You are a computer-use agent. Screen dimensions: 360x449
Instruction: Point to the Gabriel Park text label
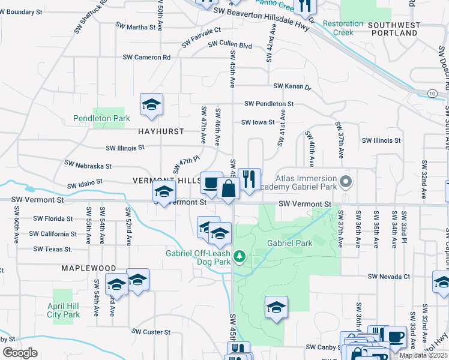290,244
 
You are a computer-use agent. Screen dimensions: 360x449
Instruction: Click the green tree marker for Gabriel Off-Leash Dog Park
240,257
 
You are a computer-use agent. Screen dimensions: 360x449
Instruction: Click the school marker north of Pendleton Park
152,105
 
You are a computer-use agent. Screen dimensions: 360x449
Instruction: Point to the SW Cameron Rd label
146,57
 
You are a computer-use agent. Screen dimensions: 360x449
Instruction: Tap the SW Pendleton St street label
268,104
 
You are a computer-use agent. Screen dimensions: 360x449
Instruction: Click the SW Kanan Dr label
292,87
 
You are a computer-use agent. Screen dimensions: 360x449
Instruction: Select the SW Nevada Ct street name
390,277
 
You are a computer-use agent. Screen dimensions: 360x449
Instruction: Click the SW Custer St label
151,331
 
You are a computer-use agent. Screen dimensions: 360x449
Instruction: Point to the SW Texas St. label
53,248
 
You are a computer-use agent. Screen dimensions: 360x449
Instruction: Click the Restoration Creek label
343,28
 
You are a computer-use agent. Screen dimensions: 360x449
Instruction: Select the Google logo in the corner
20,353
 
